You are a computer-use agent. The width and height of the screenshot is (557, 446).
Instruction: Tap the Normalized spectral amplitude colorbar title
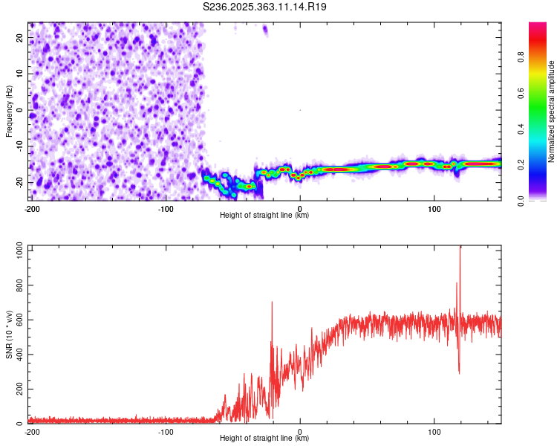pyautogui.click(x=551, y=111)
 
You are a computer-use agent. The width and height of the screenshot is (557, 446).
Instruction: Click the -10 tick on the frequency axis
pyautogui.click(x=19, y=146)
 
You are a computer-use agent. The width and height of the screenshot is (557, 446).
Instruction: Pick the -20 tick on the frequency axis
pyautogui.click(x=19, y=182)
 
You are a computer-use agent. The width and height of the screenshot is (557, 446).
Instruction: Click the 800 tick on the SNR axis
pyautogui.click(x=18, y=286)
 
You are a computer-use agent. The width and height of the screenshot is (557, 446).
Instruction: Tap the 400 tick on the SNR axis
pyautogui.click(x=18, y=355)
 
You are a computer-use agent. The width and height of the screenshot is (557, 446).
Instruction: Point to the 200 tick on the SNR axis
pyautogui.click(x=18, y=390)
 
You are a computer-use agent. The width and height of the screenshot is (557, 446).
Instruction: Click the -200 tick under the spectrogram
pyautogui.click(x=32, y=208)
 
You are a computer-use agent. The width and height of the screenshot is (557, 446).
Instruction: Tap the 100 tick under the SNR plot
pyautogui.click(x=434, y=432)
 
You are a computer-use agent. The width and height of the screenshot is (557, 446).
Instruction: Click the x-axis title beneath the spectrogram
pyautogui.click(x=264, y=216)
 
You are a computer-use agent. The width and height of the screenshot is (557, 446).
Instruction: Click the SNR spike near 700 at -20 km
pyautogui.click(x=272, y=303)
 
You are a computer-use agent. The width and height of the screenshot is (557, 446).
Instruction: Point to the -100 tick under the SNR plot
pyautogui.click(x=166, y=432)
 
